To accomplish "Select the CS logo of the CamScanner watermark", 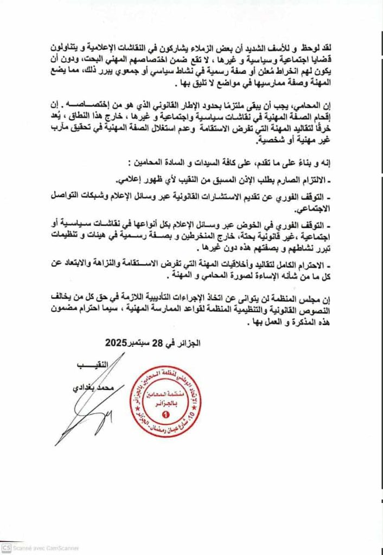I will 6,547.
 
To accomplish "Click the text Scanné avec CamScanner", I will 47,547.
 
